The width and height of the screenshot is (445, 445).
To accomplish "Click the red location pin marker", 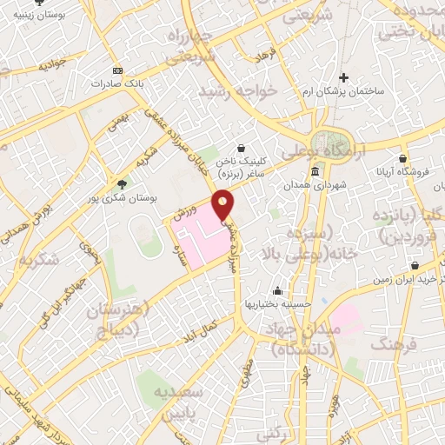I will pos(223,205).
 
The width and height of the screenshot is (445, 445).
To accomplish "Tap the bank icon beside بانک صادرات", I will pos(118,71).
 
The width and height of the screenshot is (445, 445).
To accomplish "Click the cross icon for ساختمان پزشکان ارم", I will pos(343,77).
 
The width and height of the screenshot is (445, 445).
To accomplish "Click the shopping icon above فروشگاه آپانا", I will pos(402,158).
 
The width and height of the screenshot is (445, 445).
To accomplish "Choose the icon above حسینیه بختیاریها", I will pos(277,290).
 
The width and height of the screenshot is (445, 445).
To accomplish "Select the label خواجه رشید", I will pos(237,90).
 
